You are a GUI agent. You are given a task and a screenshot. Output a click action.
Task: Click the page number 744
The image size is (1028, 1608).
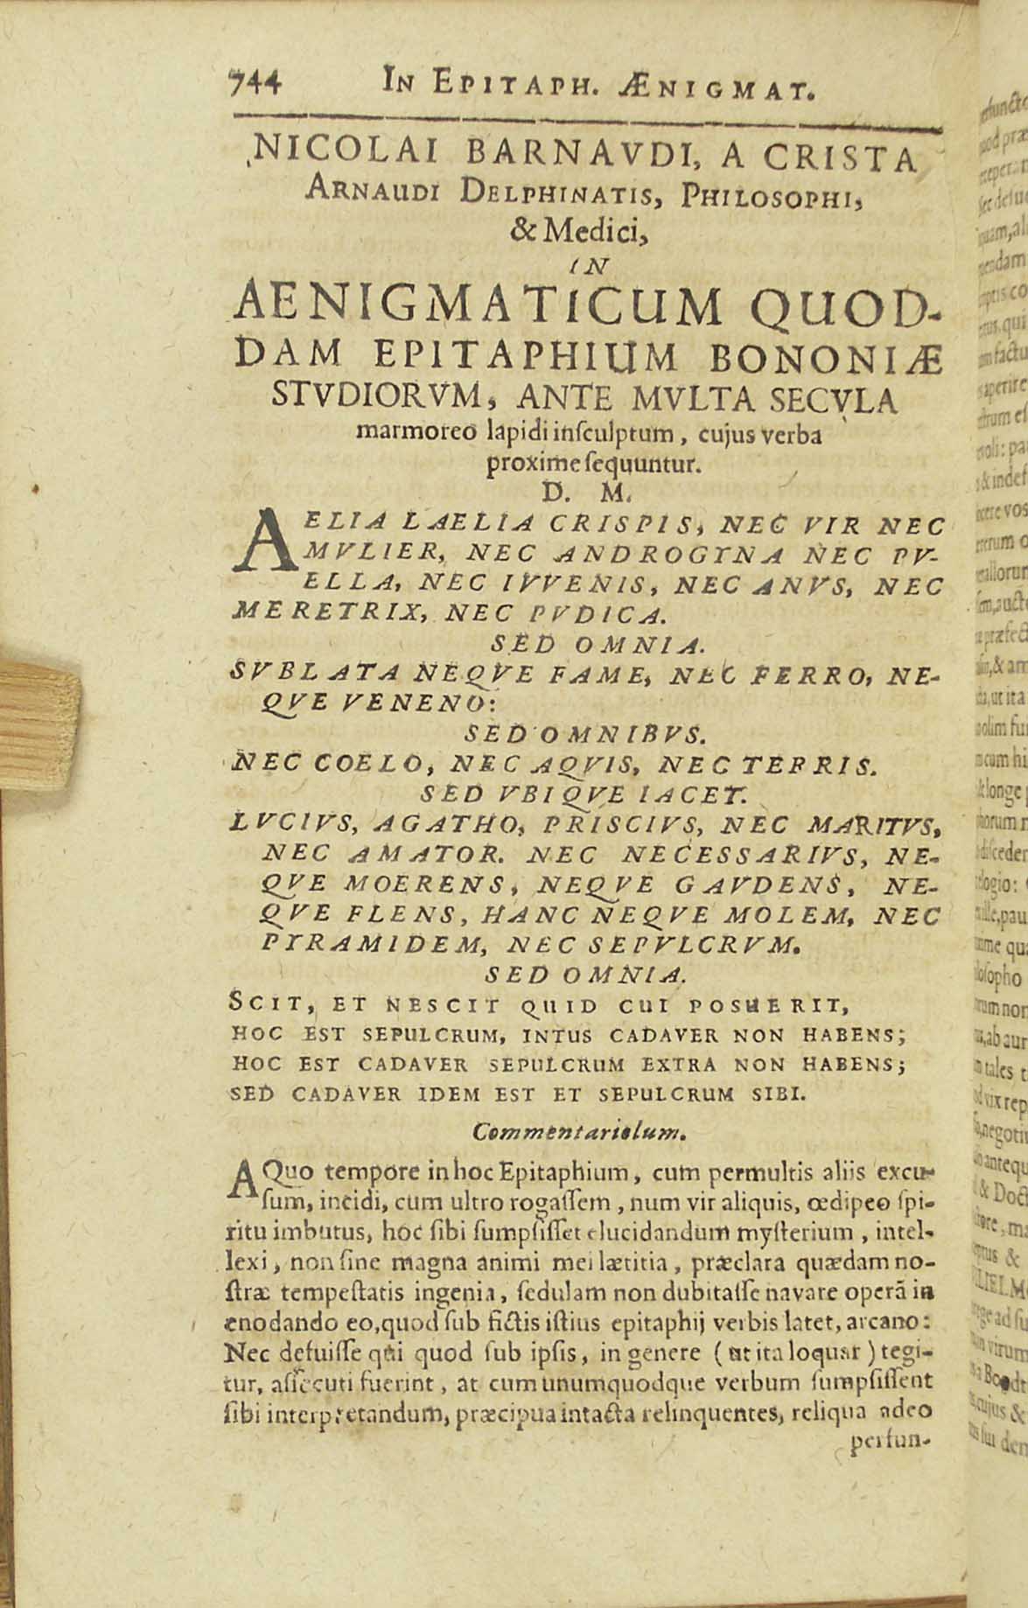(x=254, y=85)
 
